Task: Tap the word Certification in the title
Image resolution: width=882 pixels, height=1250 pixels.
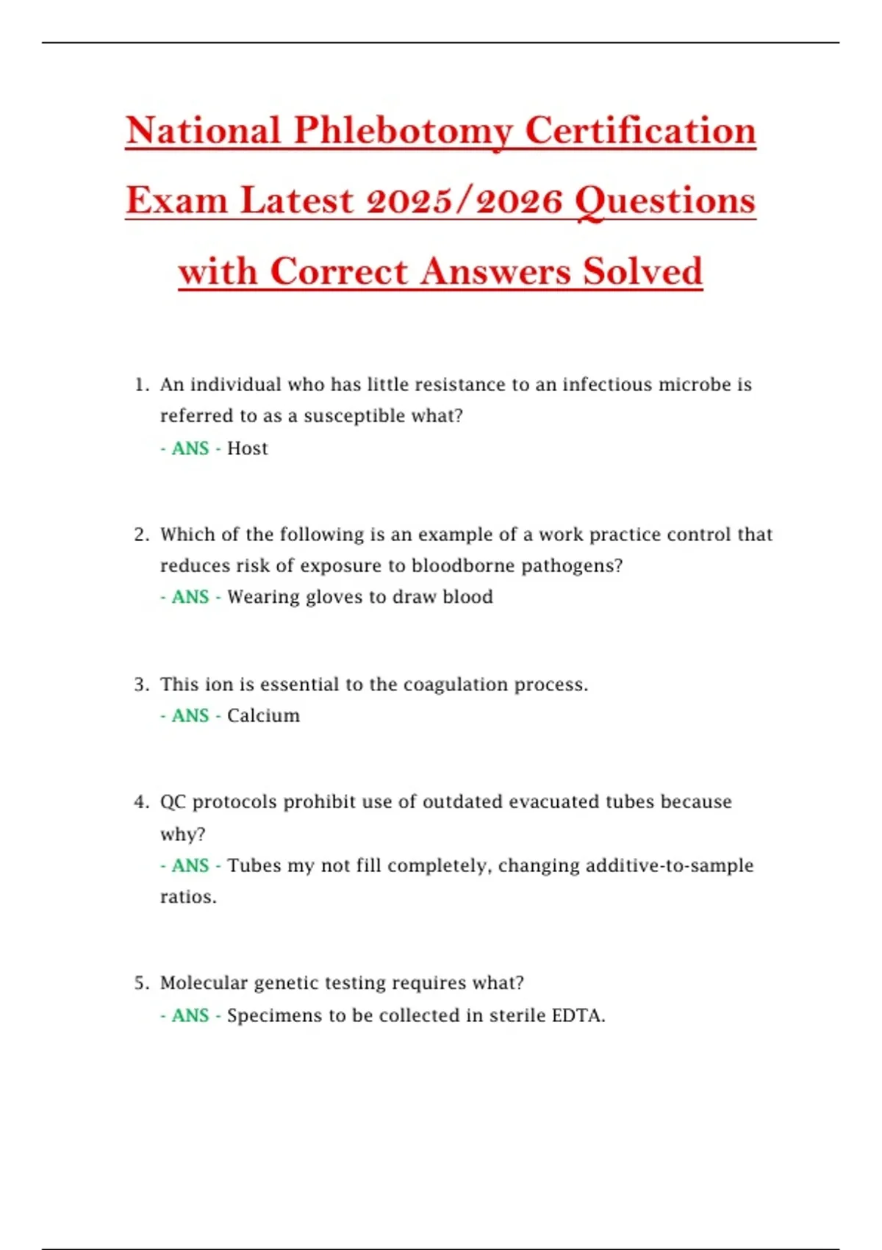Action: tap(640, 131)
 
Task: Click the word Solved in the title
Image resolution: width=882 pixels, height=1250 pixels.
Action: tap(642, 271)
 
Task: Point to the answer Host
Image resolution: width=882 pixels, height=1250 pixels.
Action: tap(247, 449)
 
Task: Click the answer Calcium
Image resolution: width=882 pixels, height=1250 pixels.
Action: tap(263, 715)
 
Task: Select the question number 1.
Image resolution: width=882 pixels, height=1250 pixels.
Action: tap(140, 385)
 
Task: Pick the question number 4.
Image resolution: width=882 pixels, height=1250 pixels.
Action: tap(140, 802)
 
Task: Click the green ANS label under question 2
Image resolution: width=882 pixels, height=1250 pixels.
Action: tap(190, 597)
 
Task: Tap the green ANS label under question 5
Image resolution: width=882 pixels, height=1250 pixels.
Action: tap(190, 1015)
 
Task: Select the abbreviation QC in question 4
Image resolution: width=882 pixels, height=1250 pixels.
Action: tap(173, 802)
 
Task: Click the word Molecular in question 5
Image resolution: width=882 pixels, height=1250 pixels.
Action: tap(203, 983)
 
